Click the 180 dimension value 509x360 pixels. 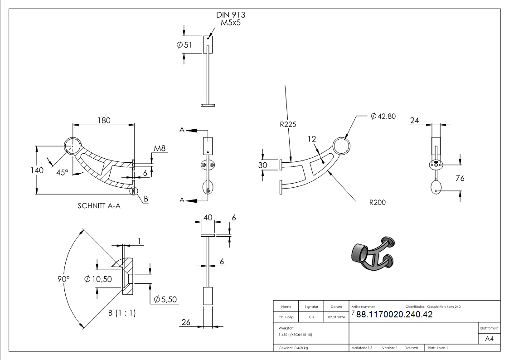104,120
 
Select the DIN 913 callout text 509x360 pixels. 230,15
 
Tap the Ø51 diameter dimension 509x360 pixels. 184,44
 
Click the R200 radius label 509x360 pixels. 377,202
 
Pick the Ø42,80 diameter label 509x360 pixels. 383,116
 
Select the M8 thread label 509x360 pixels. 160,148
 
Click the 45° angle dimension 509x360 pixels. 63,172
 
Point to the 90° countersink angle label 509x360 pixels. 64,279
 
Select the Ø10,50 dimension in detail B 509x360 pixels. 98,279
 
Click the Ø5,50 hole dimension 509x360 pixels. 165,299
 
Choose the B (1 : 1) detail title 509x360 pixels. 121,313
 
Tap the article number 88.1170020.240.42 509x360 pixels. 394,315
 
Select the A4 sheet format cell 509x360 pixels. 489,339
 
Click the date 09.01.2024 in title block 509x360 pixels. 336,317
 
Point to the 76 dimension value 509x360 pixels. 460,178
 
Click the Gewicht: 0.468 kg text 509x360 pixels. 294,348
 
